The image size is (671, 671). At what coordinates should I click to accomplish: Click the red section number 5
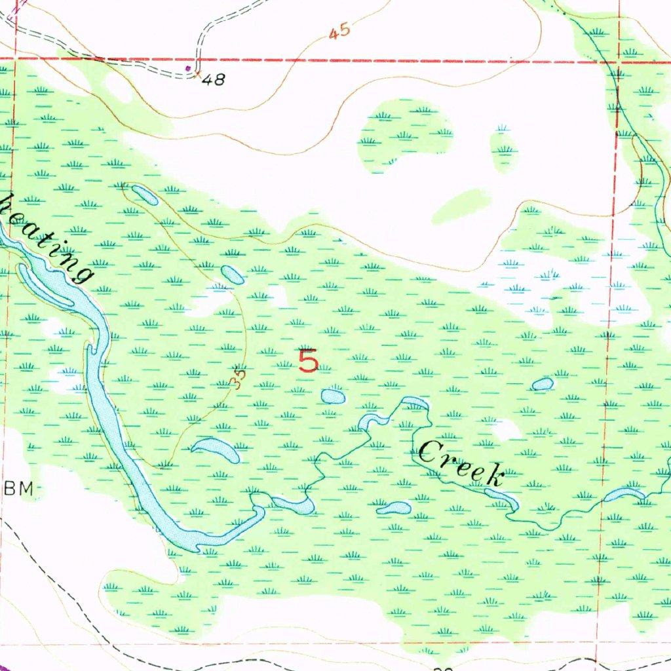coord(308,360)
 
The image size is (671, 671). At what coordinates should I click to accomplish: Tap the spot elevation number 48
coord(214,80)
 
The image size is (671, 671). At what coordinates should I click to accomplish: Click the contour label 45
coord(339,32)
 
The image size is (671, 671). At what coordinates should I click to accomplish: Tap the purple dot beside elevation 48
coord(189,67)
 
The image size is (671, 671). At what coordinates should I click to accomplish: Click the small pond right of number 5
coord(333,396)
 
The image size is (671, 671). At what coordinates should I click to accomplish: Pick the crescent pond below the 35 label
coord(216,450)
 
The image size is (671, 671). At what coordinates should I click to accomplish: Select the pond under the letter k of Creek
coord(503,498)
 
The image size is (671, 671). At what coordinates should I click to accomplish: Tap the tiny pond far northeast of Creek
coord(542,384)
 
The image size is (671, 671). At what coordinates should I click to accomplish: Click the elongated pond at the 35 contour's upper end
coord(144,195)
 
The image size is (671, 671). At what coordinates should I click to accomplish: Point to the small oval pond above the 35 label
coord(233,275)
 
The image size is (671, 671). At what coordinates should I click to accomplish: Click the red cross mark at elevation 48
coord(197,75)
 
